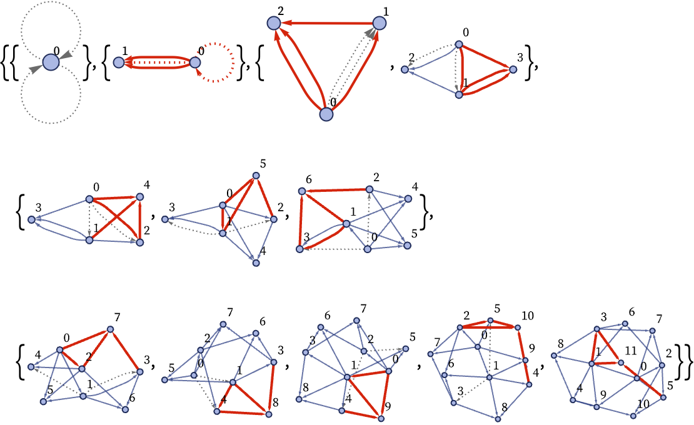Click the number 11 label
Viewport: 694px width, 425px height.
[630, 351]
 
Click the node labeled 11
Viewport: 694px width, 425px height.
[621, 362]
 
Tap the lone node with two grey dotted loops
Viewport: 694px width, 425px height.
[51, 62]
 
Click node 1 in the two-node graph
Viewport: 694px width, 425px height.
[119, 62]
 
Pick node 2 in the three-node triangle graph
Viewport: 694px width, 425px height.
[274, 23]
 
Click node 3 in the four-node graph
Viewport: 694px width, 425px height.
[513, 69]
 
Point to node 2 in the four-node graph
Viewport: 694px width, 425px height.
[405, 69]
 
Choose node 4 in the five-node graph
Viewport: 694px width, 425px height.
[140, 197]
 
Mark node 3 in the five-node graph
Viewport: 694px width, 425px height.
[31, 219]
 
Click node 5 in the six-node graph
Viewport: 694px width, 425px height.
[256, 176]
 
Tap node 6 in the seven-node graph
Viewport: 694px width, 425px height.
[302, 191]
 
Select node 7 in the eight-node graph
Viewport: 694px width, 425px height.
[111, 329]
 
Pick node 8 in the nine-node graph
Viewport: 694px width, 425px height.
[269, 414]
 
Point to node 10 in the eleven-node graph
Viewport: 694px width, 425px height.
[518, 327]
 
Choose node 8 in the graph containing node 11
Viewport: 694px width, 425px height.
[554, 355]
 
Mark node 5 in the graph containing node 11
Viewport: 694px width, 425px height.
[663, 397]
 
